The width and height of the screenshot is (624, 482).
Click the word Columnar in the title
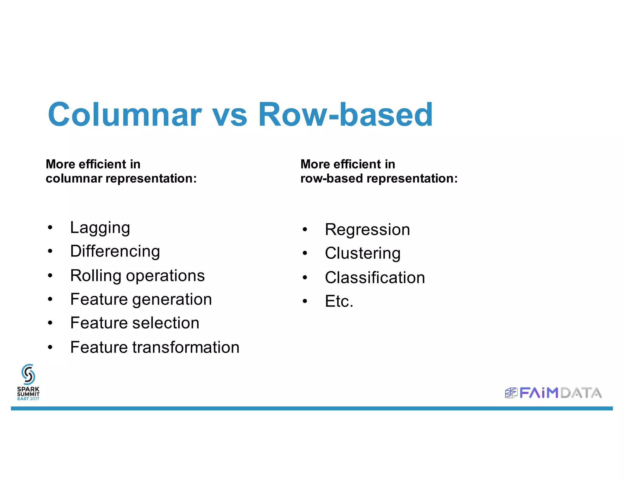[125, 115]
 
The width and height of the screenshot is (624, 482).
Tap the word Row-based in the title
[346, 115]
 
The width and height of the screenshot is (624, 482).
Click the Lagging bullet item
[100, 228]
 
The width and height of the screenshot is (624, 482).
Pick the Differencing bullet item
[115, 252]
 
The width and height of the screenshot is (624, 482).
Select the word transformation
[186, 347]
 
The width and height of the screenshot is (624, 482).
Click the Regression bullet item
[367, 229]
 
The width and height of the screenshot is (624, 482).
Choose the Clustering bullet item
[363, 253]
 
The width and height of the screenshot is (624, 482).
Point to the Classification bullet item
[375, 278]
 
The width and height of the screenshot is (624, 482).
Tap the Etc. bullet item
[339, 301]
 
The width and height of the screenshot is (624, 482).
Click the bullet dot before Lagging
[50, 228]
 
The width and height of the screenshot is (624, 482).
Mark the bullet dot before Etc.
[305, 301]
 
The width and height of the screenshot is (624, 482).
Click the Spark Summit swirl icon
[28, 374]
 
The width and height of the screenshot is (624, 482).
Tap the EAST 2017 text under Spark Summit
[28, 399]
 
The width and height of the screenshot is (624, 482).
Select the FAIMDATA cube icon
[511, 393]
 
